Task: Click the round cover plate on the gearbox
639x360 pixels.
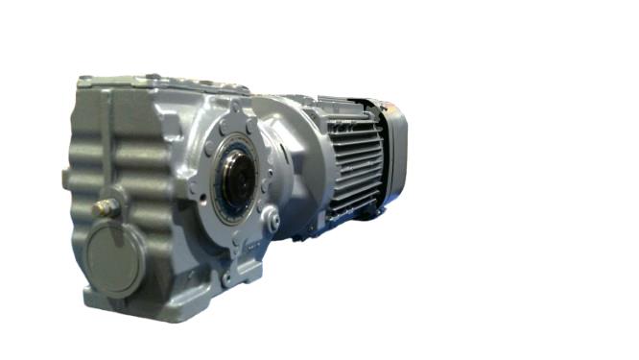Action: click(x=115, y=257)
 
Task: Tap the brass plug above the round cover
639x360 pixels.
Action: click(x=105, y=207)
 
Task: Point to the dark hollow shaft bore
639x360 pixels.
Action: click(x=237, y=177)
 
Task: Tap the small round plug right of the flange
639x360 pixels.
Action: click(x=273, y=222)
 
